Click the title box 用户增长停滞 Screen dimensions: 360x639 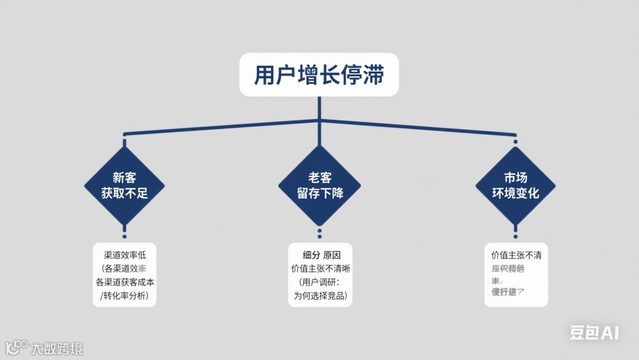pos(319,75)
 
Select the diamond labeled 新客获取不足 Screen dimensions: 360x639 pos(124,185)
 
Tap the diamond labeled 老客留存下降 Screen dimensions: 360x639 pos(319,185)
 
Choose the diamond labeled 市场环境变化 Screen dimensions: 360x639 pos(515,185)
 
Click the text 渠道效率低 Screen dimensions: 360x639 pos(124,255)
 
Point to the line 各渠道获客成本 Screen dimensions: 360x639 pos(124,282)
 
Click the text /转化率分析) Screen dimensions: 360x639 pos(124,295)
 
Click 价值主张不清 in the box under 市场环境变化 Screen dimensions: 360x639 pos(516,255)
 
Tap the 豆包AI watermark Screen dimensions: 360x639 pos(594,333)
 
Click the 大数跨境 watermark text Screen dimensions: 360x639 pos(57,348)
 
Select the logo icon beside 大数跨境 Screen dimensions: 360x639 pos(17,346)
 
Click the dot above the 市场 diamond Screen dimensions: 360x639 pos(515,142)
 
